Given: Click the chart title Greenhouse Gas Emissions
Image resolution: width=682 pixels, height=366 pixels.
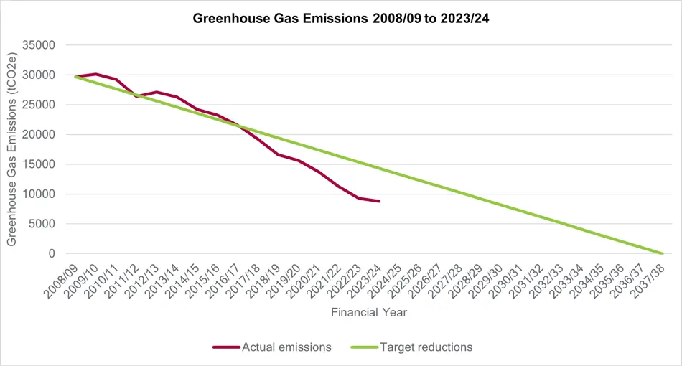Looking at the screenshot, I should pos(341,19).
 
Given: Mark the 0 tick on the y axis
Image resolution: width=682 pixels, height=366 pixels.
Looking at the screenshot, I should pos(52,253).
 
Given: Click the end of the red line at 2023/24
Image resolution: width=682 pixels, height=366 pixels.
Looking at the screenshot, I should pos(379,201).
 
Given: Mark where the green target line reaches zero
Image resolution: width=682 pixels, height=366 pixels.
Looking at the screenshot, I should pos(662,253).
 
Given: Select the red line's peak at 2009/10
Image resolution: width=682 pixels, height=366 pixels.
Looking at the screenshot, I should pos(95,74).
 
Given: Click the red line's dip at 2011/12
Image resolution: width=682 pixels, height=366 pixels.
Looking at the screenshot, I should pos(136,95).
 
